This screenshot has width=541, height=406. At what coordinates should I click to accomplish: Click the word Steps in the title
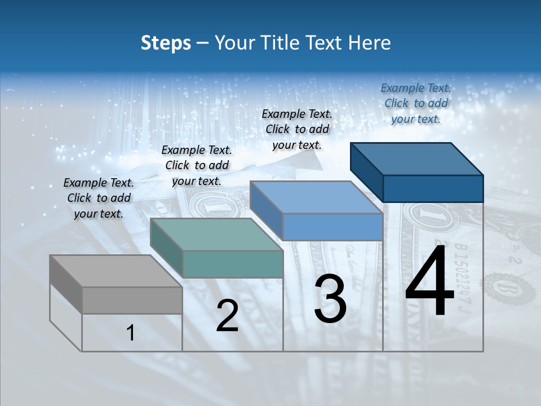(166, 43)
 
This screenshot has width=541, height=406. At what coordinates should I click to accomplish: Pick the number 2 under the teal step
(227, 316)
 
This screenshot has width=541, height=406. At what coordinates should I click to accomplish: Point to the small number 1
(131, 333)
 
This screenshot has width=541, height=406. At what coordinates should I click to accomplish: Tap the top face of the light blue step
(316, 197)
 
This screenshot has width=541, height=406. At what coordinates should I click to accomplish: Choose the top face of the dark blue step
(417, 158)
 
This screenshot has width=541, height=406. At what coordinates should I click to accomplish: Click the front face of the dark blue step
(433, 188)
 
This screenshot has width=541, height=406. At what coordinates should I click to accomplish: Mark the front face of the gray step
(132, 300)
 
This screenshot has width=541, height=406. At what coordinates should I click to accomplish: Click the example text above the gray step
(99, 198)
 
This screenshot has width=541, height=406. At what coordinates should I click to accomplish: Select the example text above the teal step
(197, 165)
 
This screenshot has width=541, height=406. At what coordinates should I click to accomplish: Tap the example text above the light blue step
(297, 129)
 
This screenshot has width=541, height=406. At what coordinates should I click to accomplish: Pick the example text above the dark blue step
(416, 103)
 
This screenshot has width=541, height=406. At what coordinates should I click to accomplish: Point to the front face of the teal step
(233, 264)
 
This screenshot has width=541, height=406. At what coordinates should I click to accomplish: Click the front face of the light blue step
(332, 227)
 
